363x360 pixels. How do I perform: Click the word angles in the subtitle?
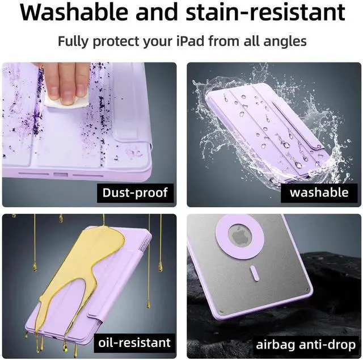[286, 41]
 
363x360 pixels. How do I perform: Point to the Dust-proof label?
[135, 192]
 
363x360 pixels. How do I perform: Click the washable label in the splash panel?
[319, 192]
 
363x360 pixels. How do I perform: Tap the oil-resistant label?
[134, 342]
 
